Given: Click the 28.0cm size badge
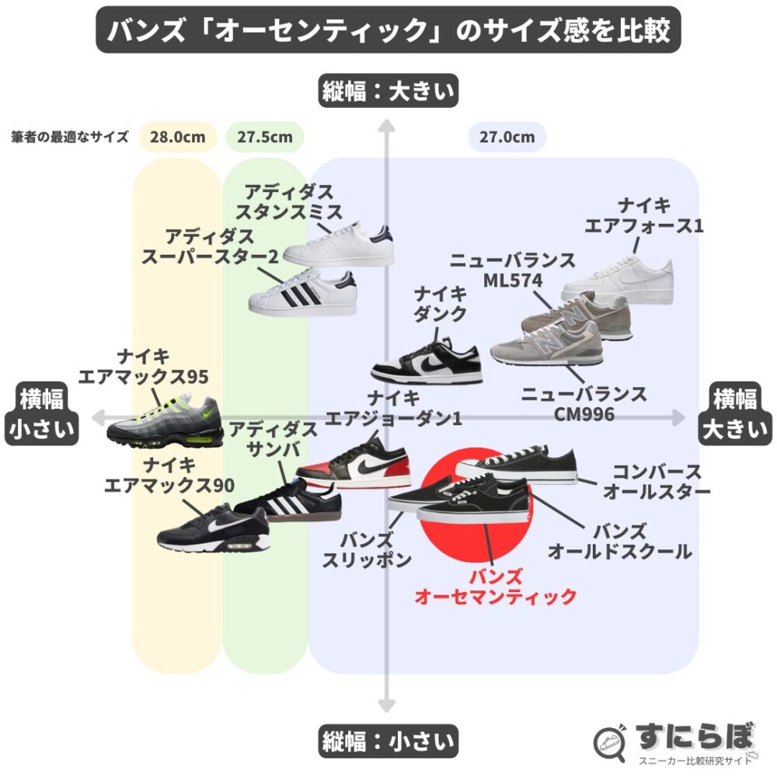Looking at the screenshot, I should coord(178,138).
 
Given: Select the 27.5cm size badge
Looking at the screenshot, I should coord(265,138).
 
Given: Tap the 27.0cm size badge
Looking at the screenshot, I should coord(507,138).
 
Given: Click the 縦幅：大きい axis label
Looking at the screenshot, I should coord(388,92).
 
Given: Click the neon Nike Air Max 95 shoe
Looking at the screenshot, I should coord(165,423).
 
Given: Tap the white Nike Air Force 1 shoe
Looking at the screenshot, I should coord(618,276).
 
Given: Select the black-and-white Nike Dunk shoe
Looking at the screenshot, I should coord(426,361).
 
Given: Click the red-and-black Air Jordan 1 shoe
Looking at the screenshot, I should coord(354,467).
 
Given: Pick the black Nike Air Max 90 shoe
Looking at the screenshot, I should coord(214,531).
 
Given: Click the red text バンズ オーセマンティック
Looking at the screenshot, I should coord(496,587).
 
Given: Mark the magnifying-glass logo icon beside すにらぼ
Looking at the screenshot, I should coord(611,743).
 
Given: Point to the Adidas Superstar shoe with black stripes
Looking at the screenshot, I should coord(303,294).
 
